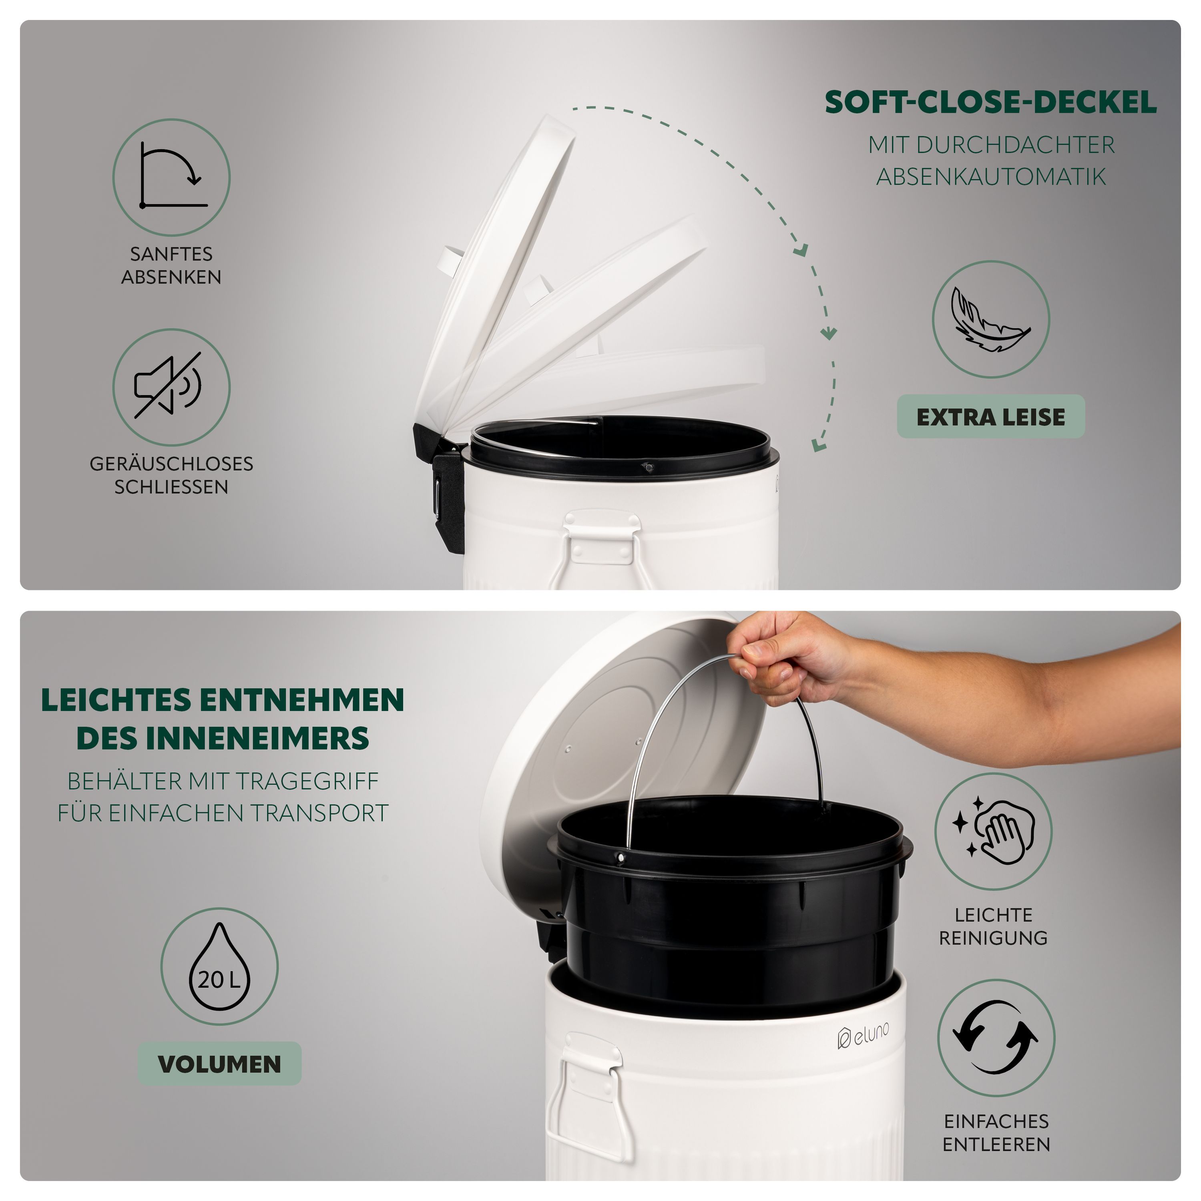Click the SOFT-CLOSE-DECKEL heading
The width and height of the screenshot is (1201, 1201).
tap(990, 102)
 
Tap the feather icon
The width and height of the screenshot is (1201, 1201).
tap(990, 319)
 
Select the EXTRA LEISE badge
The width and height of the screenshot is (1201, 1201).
tap(991, 416)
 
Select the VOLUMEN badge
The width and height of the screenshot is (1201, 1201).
tap(219, 1064)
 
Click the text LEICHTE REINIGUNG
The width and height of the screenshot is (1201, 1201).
tap(993, 926)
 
